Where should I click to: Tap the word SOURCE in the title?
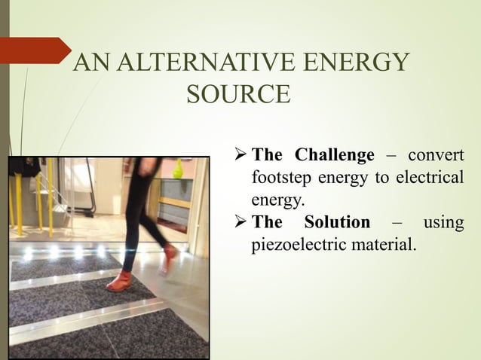237,95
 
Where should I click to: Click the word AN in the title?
91,63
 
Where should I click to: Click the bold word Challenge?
334,156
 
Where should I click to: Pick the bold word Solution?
337,222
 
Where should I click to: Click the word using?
443,222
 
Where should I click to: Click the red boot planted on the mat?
118,282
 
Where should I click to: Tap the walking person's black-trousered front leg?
133,233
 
